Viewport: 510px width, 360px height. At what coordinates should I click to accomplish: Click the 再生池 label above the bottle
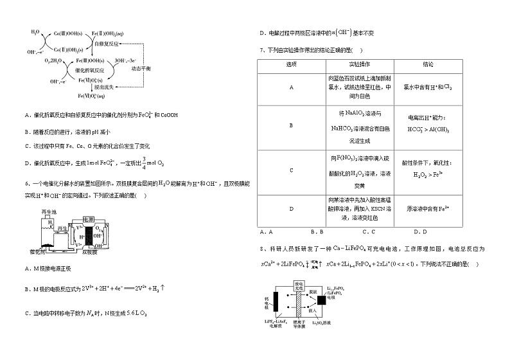click(49, 212)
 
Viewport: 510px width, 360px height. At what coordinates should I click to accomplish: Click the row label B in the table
click(292, 126)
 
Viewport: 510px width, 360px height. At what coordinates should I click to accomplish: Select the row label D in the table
click(292, 210)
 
